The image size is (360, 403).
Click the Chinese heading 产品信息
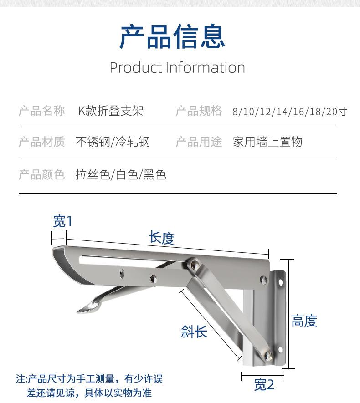(172, 37)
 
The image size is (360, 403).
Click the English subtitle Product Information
(177, 68)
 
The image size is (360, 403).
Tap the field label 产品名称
(42, 111)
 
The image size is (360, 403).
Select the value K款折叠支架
(111, 111)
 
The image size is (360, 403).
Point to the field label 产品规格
(199, 111)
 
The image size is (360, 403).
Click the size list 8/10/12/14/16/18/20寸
(289, 112)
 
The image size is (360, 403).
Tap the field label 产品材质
(42, 142)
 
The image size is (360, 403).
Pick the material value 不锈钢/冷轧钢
(113, 142)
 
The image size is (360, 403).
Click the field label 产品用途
(199, 142)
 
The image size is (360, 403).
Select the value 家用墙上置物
(267, 142)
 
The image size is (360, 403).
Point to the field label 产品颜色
(42, 174)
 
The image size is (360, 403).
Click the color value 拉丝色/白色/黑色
(121, 174)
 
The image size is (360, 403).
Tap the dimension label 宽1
(62, 222)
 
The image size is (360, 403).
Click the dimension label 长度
(162, 238)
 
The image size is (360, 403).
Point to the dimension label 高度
(304, 321)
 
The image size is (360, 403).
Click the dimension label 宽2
(264, 385)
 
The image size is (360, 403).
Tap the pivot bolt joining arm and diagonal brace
(194, 263)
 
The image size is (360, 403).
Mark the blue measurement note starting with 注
(89, 386)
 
